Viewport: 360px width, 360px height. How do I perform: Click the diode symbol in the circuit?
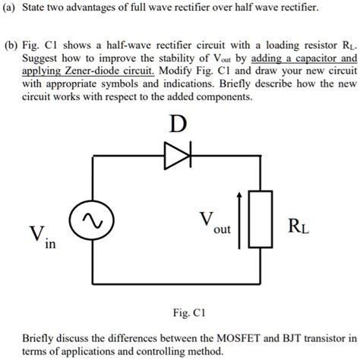[178, 157]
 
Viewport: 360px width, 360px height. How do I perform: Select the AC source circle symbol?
[95, 221]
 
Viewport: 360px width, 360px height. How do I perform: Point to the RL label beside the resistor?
[298, 226]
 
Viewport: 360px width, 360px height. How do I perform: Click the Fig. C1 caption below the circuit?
[179, 312]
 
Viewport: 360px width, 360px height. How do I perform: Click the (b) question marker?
[11, 45]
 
